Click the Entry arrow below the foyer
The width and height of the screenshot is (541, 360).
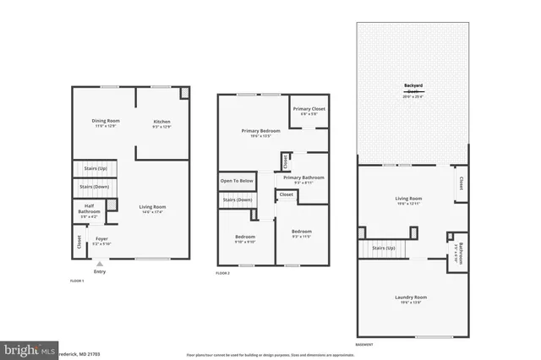pyautogui.click(x=100, y=264)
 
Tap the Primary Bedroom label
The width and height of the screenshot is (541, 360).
pyautogui.click(x=260, y=133)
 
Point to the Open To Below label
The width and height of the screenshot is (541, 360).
pyautogui.click(x=236, y=181)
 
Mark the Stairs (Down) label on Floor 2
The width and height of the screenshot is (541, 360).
pyautogui.click(x=238, y=199)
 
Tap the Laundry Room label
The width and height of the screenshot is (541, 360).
pyautogui.click(x=411, y=298)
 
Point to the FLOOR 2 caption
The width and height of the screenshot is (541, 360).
pyautogui.click(x=222, y=274)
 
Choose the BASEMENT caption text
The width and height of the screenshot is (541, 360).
pyautogui.click(x=364, y=345)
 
